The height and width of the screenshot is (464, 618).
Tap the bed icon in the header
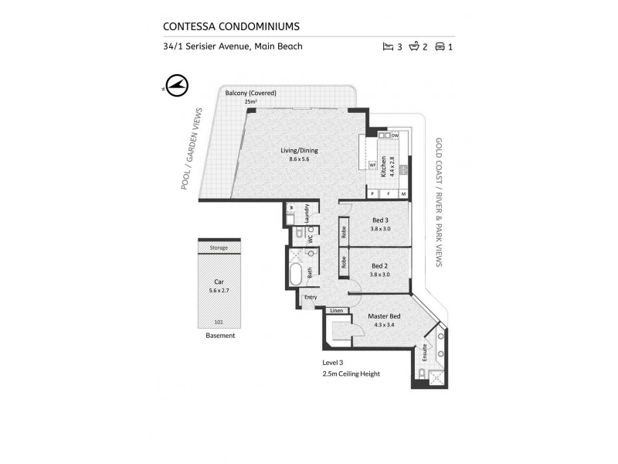pos(388,46)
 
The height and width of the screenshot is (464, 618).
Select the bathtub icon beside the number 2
pos(413,46)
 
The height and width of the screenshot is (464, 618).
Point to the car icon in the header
pos(440,46)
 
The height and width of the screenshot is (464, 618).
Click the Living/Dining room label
pos(298,150)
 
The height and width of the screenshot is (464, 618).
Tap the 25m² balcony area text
pos(250,101)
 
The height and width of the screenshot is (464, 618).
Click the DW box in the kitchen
pos(395,136)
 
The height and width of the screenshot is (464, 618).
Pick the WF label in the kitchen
pos(372,165)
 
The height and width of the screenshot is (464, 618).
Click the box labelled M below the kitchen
pos(402,193)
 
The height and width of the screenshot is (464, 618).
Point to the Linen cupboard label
pos(336,310)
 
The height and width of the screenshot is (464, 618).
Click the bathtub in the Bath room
pos(297,274)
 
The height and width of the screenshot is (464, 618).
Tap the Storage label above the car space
pos(219,248)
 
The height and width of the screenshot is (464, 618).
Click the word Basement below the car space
pos(220,336)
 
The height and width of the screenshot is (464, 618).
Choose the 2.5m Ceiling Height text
pos(351,374)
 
